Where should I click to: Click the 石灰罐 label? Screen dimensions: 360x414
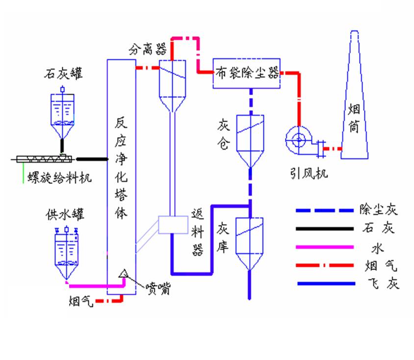coord(63,74)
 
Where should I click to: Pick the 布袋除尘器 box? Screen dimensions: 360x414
coord(247,74)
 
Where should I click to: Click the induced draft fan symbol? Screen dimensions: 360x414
coord(300,141)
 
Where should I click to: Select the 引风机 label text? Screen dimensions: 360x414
coord(309,173)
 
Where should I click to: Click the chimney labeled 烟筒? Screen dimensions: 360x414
coord(355,98)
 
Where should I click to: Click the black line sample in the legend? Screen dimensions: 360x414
coord(324,229)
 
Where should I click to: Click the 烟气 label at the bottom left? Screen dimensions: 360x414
coord(80,300)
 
